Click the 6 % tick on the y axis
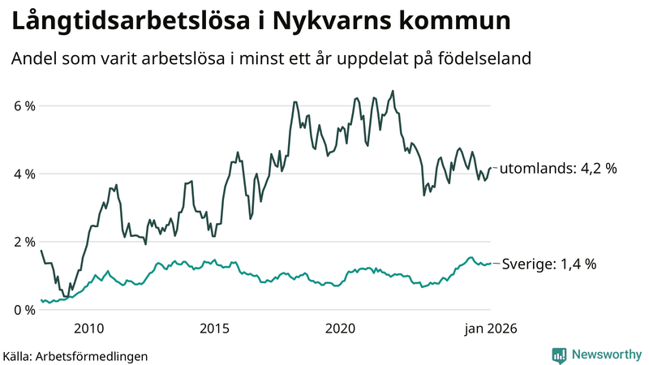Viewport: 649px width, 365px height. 23,106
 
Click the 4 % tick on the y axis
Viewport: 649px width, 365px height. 23,174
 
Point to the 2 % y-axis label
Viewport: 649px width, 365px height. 23,242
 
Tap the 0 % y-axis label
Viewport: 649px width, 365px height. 23,310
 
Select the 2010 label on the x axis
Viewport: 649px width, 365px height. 88,328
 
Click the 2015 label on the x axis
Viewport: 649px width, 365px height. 214,328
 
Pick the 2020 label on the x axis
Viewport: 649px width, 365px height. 341,328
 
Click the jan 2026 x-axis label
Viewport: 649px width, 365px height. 489,328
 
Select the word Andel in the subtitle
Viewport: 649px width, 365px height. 32,59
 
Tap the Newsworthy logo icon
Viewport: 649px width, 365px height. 559,354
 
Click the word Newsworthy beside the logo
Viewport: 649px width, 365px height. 605,354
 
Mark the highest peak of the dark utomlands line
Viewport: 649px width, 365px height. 393,91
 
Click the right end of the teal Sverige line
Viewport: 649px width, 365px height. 491,264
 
